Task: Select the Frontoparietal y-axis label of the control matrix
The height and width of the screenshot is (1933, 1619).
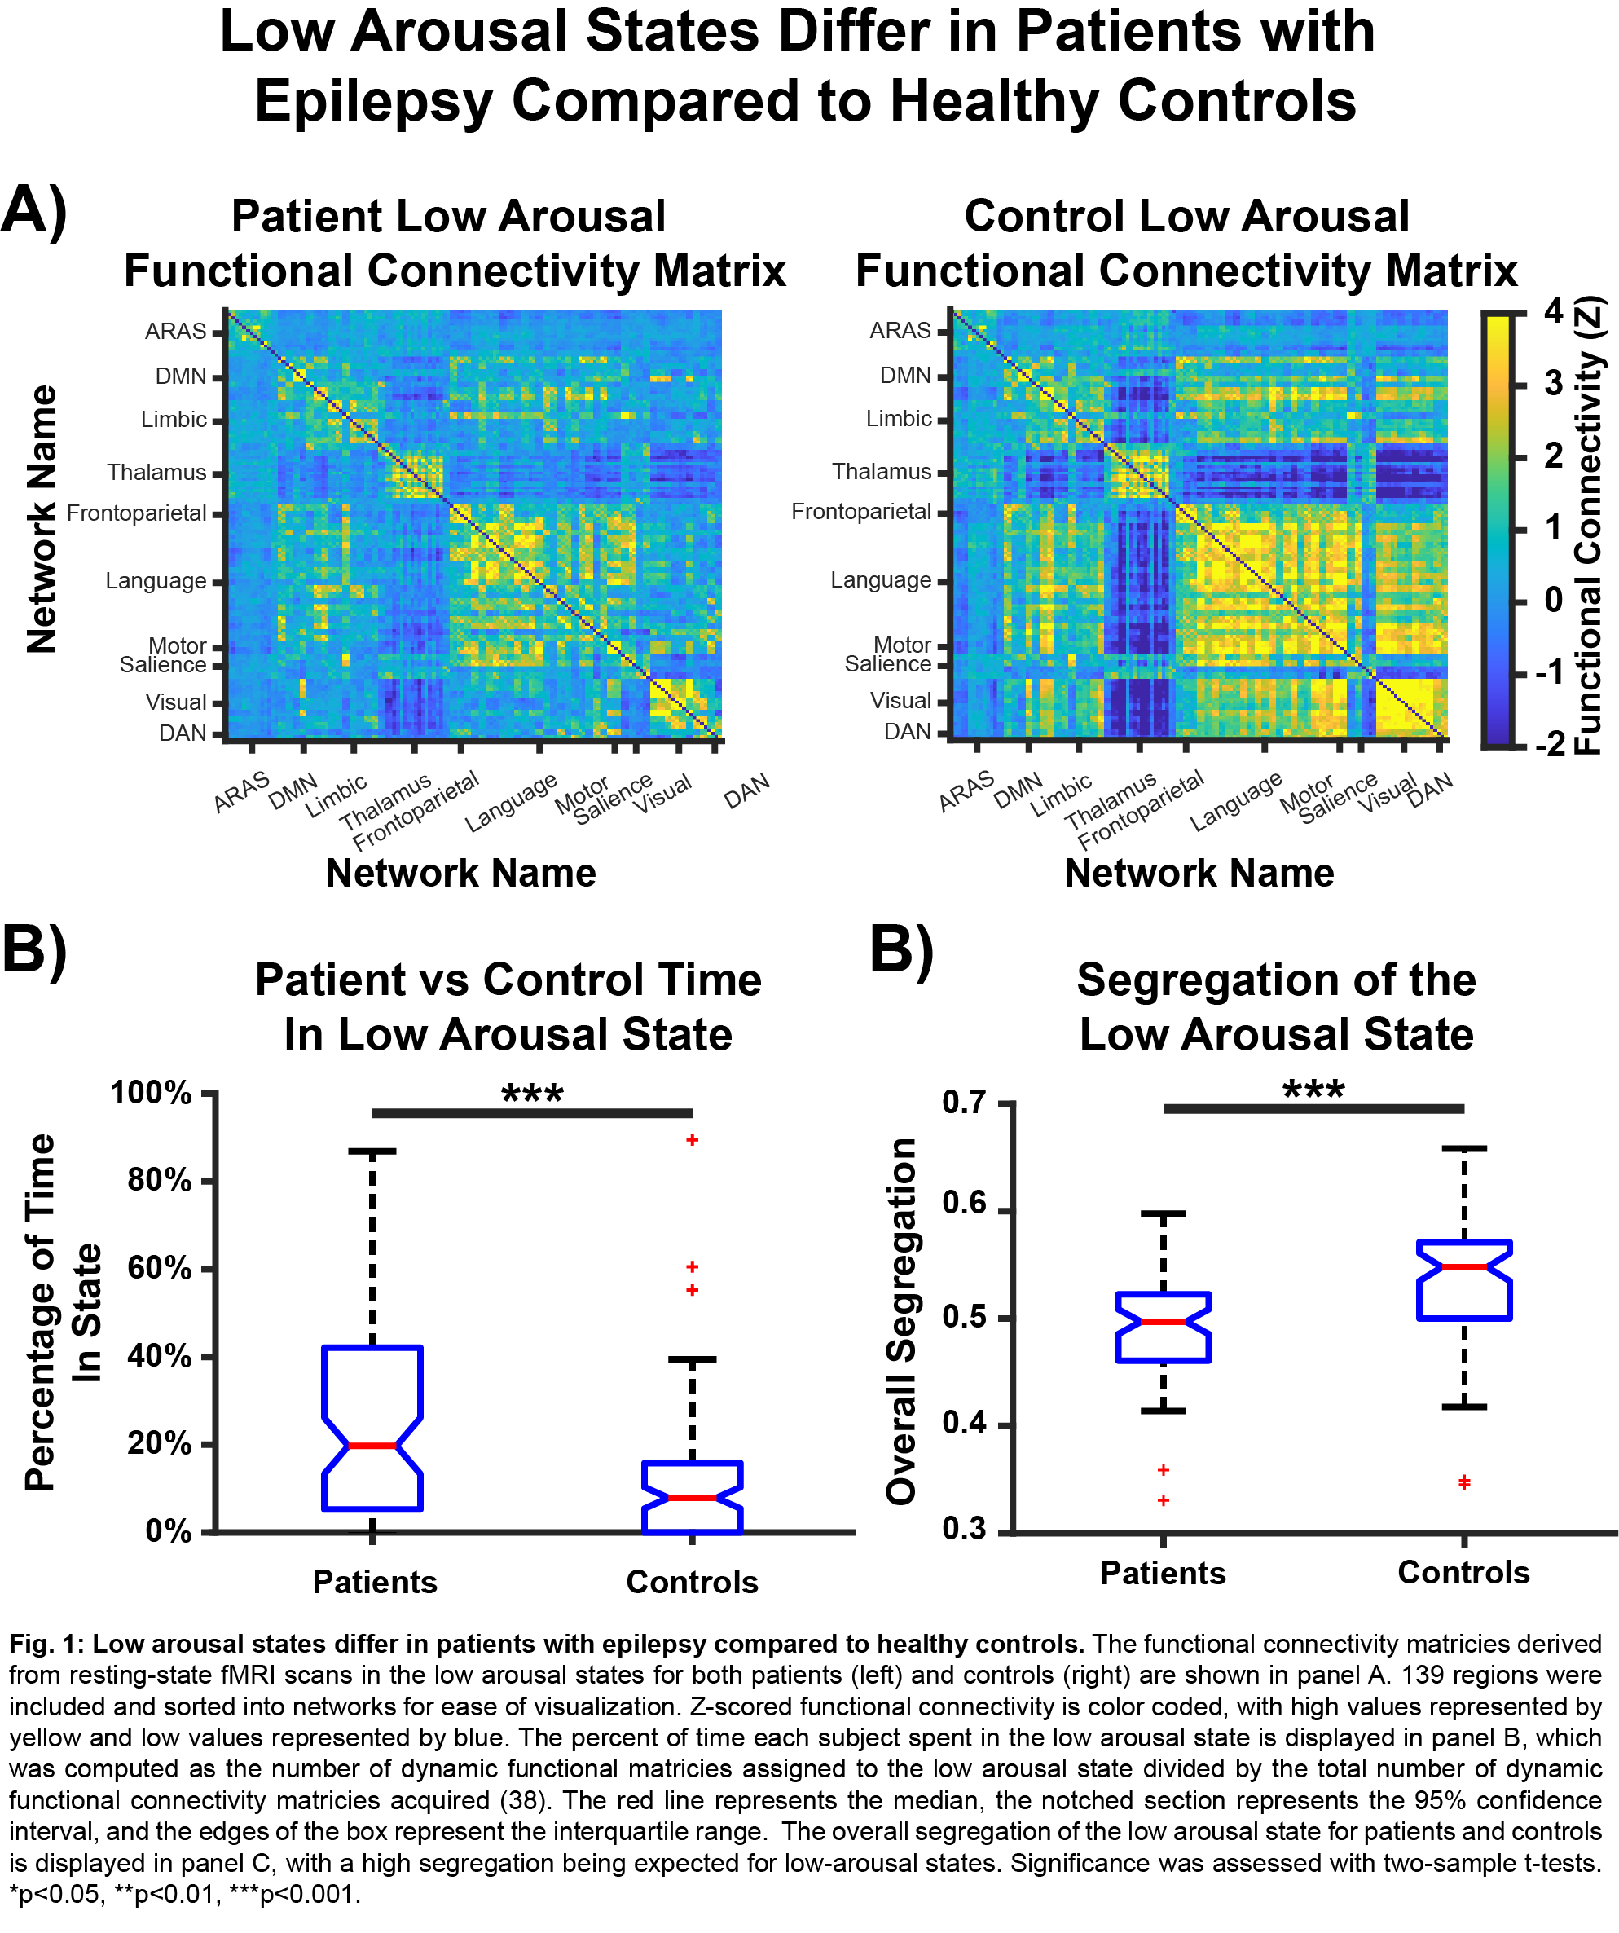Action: [860, 512]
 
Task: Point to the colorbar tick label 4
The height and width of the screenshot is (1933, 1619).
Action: [1554, 311]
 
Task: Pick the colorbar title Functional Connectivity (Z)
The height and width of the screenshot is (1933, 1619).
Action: [1590, 526]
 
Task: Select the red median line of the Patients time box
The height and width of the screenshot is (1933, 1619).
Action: [372, 1446]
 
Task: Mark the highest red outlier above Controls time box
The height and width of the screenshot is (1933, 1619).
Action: [692, 1140]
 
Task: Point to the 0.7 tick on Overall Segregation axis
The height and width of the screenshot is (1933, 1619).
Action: [964, 1102]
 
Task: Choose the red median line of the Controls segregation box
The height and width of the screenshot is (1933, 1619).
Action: [1463, 1267]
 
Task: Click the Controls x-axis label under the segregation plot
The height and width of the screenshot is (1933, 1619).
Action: [1463, 1572]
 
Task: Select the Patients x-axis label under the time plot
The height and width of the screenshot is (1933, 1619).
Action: [375, 1582]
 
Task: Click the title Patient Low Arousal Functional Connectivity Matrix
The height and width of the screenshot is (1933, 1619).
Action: [454, 244]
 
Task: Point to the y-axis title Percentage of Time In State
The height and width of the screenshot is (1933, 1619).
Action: [62, 1312]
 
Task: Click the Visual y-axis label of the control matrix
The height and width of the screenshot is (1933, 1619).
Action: [900, 701]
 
